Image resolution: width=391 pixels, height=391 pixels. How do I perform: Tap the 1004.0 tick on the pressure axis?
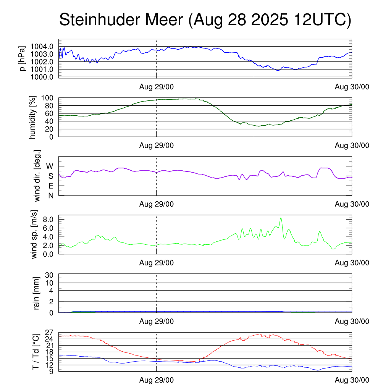[x=42, y=47]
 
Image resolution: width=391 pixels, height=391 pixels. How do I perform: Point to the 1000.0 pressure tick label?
[x=42, y=77]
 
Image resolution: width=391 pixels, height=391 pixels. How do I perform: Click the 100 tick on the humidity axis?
[x=47, y=98]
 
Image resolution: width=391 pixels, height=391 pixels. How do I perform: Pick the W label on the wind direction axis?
[x=50, y=166]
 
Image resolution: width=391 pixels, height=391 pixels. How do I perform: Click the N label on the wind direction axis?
[x=50, y=195]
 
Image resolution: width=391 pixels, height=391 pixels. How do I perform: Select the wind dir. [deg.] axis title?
[x=37, y=176]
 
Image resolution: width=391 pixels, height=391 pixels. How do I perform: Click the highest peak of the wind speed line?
[x=281, y=218]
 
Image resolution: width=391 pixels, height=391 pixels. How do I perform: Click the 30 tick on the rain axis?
[x=50, y=275]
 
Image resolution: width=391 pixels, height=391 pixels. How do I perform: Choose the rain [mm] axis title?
[x=37, y=294]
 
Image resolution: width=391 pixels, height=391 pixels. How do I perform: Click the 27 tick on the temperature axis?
[x=50, y=332]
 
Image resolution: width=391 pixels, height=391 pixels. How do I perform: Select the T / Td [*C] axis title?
[x=36, y=351]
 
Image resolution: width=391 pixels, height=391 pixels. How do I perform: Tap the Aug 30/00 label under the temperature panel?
[x=352, y=380]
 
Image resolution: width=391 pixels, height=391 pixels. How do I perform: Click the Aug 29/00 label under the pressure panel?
[x=156, y=87]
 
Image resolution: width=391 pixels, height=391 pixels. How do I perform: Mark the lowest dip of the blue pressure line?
[x=278, y=70]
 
